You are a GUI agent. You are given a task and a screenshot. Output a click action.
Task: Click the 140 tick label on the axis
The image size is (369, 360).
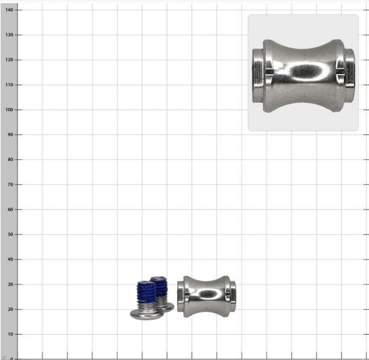(9, 10)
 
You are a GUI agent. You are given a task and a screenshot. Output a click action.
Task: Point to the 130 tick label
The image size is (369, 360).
(9, 35)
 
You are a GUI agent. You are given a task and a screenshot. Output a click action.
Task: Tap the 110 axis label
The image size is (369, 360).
(9, 85)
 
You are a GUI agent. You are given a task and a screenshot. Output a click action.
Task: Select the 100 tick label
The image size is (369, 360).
(9, 110)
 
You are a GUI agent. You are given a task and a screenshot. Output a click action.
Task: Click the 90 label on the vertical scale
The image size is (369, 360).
(11, 135)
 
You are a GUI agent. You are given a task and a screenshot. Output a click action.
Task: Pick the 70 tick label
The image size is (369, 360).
(11, 184)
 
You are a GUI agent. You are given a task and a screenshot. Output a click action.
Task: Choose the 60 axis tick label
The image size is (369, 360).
(11, 210)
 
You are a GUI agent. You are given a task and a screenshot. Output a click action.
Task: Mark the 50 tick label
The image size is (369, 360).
(11, 235)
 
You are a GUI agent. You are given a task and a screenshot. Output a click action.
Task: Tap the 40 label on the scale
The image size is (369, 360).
(11, 259)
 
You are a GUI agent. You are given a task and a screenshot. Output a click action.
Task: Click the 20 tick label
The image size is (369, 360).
(11, 309)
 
